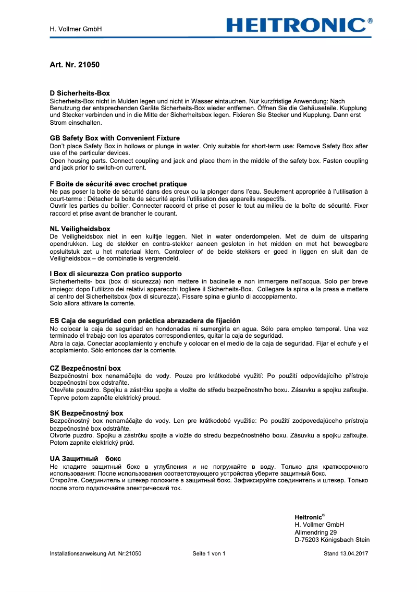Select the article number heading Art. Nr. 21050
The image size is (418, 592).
(75, 65)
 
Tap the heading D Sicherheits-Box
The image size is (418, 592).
(80, 93)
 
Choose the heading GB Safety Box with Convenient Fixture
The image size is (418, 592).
(115, 138)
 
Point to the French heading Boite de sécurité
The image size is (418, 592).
(118, 184)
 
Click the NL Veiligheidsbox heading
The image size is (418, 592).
(80, 229)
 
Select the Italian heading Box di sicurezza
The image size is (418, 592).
(116, 274)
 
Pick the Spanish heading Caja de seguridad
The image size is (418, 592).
(145, 320)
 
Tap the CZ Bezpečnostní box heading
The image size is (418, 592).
(85, 368)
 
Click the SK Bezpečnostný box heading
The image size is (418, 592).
(87, 413)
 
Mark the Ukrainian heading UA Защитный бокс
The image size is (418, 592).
(85, 458)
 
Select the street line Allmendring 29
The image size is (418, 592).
(316, 532)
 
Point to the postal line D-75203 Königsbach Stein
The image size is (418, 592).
(332, 540)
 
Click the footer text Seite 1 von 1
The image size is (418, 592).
(209, 553)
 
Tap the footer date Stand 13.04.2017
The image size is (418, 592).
(346, 553)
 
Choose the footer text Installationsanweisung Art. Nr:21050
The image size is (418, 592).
(95, 553)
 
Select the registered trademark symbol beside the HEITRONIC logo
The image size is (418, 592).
(370, 21)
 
